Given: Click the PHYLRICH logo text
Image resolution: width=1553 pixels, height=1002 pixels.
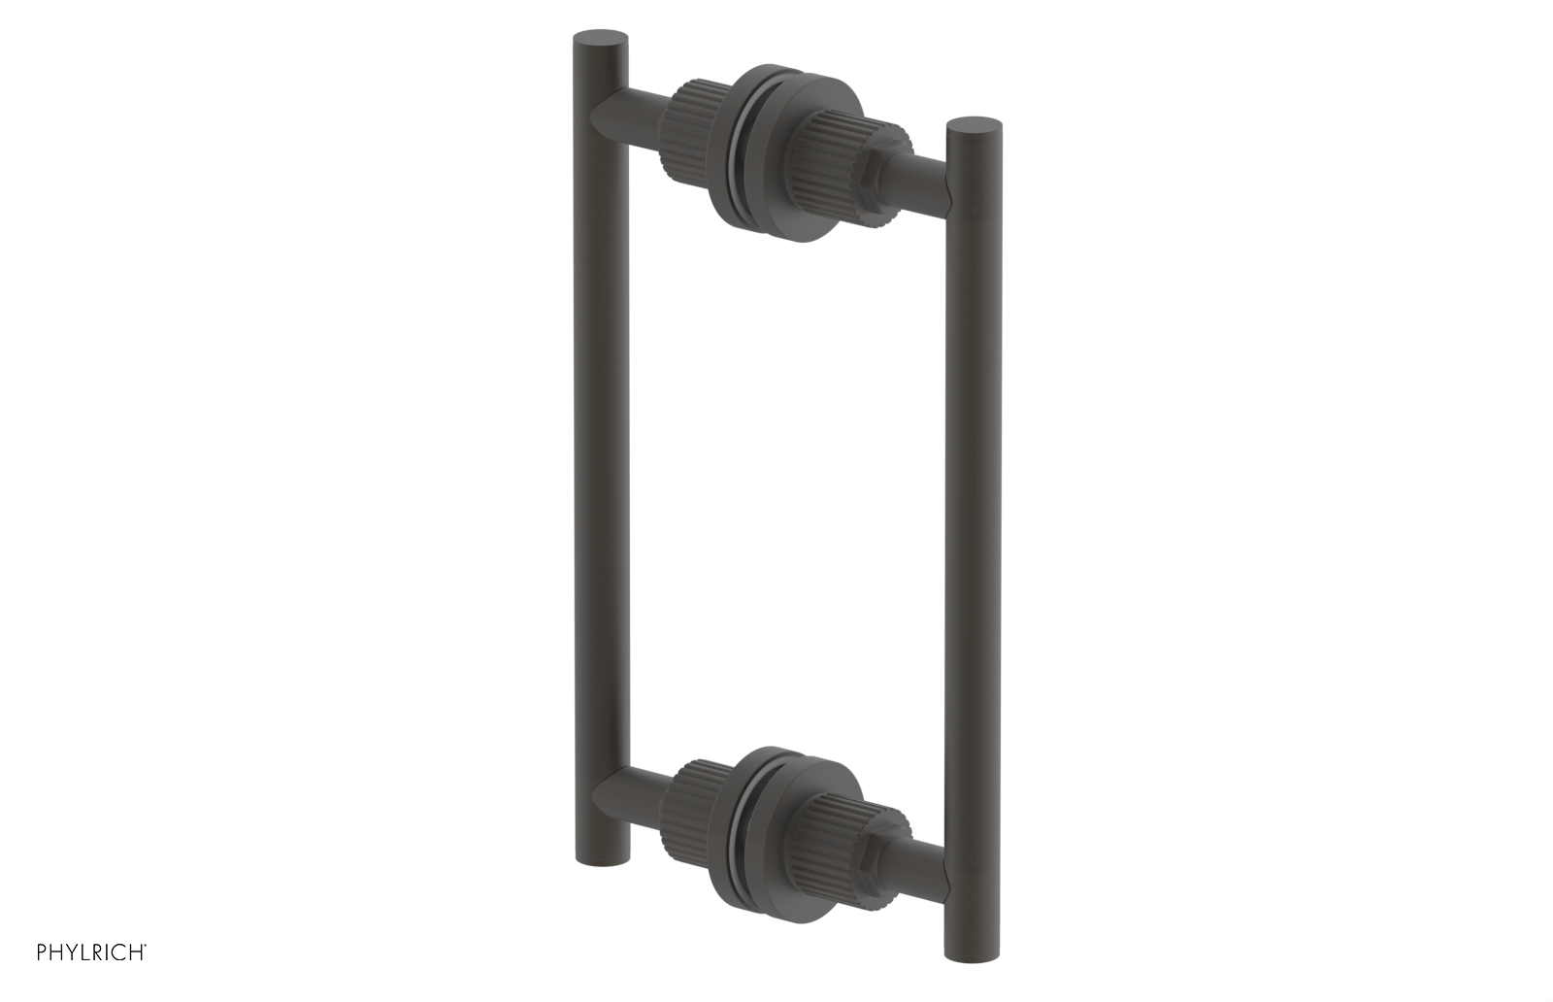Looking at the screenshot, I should (91, 952).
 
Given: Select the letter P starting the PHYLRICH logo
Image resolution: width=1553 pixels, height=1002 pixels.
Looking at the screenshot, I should (42, 952).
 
